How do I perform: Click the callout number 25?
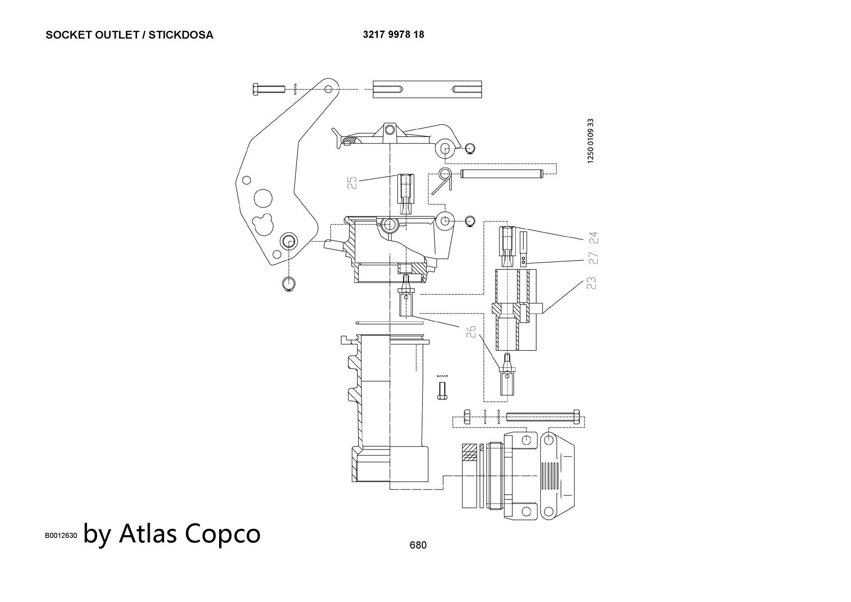coord(352,183)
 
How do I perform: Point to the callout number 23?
coord(591,283)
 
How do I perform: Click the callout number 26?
coord(471,331)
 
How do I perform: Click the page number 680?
coord(418,545)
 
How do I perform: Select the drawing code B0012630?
coord(61,536)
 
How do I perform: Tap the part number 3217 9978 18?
coord(393,34)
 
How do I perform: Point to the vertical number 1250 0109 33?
coord(590,140)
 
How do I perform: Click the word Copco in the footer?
coord(223,533)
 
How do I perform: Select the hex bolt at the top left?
coord(268,89)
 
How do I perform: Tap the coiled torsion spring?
coord(443,179)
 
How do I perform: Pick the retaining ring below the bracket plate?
coord(288,284)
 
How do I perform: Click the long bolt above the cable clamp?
coord(543,416)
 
